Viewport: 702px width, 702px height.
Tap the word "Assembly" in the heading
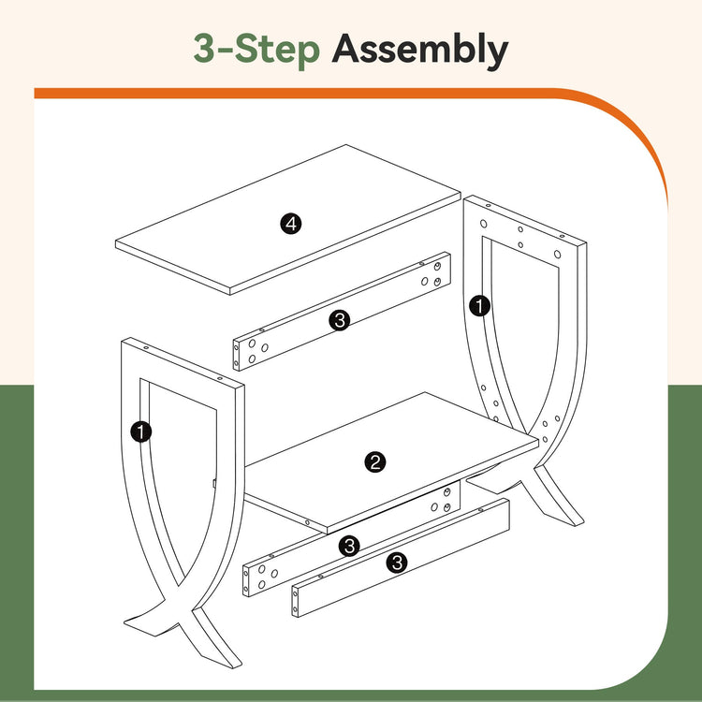(x=420, y=50)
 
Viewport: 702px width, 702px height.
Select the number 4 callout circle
(x=291, y=224)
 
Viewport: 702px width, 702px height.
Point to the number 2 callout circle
(x=375, y=462)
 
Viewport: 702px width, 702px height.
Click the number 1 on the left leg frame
(x=141, y=432)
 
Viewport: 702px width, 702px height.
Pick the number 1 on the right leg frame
(x=479, y=307)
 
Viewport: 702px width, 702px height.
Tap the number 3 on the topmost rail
(x=340, y=320)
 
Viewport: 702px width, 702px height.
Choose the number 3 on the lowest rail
(x=397, y=563)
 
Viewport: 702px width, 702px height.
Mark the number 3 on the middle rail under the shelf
(x=349, y=547)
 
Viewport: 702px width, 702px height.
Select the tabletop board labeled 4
(x=288, y=219)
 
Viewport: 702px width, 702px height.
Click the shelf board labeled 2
(x=391, y=462)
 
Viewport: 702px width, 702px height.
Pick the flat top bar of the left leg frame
(x=183, y=362)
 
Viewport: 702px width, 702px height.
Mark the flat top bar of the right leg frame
(x=525, y=220)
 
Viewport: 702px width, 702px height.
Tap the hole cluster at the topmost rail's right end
(x=431, y=274)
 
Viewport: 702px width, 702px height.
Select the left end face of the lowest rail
(x=295, y=602)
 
